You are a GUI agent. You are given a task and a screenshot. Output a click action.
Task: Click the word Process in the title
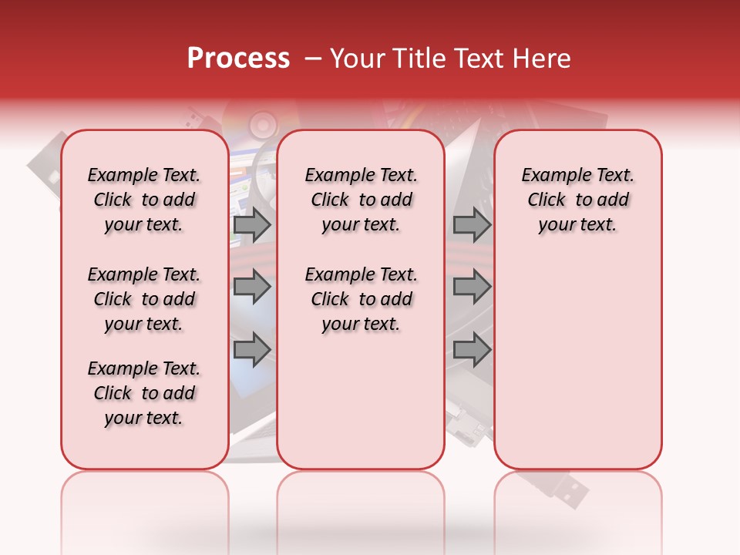[238, 59]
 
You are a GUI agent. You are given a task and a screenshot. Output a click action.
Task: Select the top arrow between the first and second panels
[252, 225]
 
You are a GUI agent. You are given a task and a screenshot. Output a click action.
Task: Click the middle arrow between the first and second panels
[252, 287]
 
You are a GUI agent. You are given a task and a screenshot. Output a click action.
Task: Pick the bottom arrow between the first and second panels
[252, 349]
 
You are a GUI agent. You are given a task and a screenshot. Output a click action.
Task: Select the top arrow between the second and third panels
[472, 225]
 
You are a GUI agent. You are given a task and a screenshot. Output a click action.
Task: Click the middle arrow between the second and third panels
[472, 287]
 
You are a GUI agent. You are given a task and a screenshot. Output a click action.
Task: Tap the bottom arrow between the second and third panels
[472, 349]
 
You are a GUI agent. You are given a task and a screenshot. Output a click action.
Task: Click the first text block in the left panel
[144, 200]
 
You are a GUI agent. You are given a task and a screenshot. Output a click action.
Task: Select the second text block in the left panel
[144, 299]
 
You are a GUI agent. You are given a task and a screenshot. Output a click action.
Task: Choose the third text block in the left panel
[144, 393]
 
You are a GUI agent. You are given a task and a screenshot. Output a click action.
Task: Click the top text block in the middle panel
[361, 200]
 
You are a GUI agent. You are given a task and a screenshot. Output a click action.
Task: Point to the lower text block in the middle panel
[361, 299]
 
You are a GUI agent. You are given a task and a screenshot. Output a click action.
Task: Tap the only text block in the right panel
[577, 200]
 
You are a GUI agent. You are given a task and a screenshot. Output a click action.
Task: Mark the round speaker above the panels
[262, 123]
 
